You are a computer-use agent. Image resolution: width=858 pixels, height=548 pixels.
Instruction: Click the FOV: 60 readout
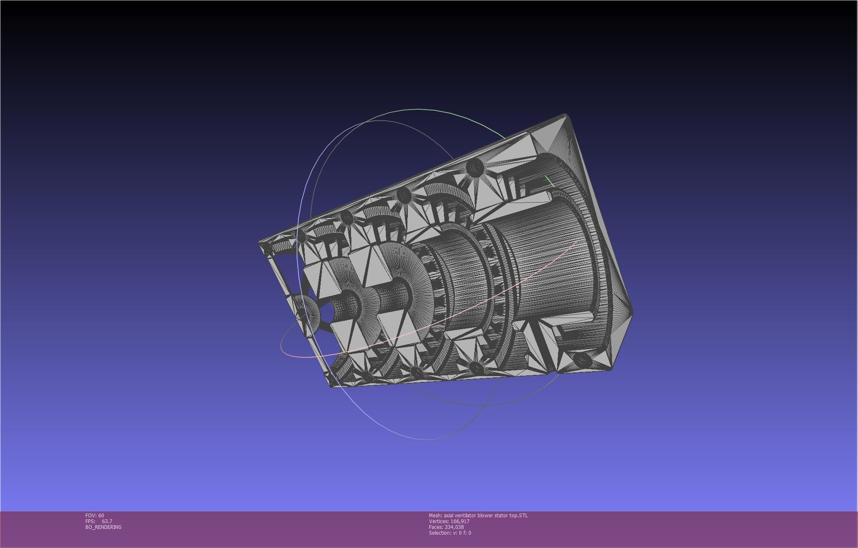coord(95,515)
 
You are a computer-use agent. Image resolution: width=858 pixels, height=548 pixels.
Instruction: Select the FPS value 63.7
coord(107,521)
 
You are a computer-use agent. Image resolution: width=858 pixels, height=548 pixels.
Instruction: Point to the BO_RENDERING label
coord(103,527)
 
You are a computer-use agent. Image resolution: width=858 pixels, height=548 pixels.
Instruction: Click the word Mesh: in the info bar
coord(435,515)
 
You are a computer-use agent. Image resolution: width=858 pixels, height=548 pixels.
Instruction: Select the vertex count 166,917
coord(460,521)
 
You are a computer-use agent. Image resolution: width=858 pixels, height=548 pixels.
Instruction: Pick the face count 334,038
coord(454,527)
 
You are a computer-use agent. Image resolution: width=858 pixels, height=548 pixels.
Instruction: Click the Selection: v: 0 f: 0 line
coord(450,533)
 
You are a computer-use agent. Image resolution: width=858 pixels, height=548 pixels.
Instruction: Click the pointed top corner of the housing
coord(565,115)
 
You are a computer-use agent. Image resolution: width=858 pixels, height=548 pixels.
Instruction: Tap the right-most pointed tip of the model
coord(632,311)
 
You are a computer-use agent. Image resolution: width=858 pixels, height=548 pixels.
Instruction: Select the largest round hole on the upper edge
coord(475,168)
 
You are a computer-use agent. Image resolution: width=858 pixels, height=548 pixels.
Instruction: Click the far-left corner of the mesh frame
coord(260,243)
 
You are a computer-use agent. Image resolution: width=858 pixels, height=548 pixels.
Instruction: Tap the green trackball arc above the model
coord(419,110)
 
